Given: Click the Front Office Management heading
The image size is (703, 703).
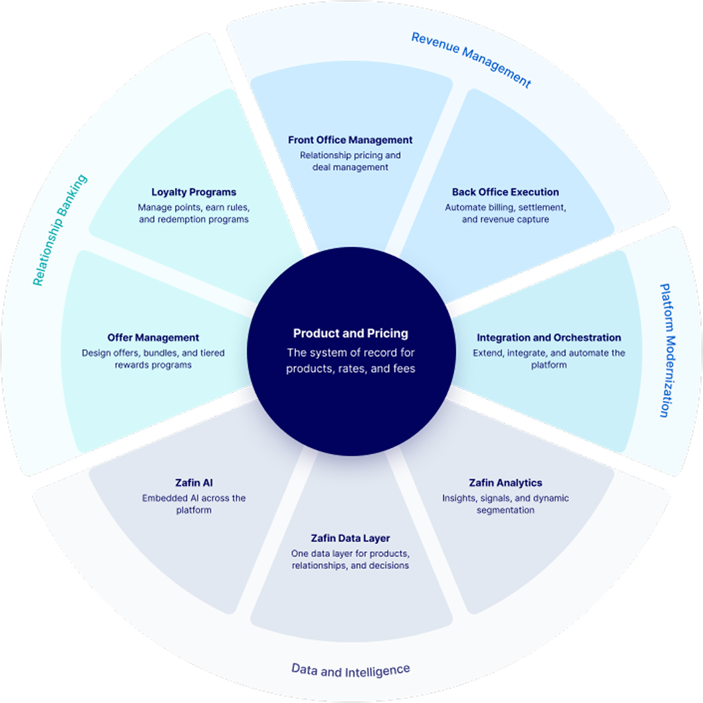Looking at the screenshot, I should (x=350, y=140).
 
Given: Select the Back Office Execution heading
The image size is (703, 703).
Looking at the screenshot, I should (x=505, y=192).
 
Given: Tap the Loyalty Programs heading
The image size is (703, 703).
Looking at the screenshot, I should (x=194, y=192).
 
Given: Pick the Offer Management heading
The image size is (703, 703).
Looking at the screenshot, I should (x=153, y=338).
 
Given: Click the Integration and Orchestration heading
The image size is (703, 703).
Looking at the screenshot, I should (x=549, y=338).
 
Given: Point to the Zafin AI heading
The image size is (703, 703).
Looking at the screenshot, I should (x=194, y=483).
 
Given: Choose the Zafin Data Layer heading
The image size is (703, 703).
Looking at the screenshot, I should (x=350, y=538).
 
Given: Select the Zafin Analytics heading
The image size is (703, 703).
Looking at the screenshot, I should (x=505, y=483).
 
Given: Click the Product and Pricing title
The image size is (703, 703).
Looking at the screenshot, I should (x=351, y=334).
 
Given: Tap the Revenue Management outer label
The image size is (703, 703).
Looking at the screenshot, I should (x=470, y=59).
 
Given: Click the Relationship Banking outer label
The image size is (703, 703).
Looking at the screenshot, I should (x=59, y=230).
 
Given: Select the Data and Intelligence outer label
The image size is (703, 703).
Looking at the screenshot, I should (x=351, y=670).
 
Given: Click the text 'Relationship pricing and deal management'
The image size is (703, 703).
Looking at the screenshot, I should (x=350, y=161).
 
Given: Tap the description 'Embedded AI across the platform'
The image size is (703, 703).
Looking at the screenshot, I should (x=194, y=504).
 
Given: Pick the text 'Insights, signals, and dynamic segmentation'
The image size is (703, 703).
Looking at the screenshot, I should (x=505, y=504).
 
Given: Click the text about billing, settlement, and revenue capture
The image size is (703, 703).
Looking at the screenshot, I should (x=505, y=213).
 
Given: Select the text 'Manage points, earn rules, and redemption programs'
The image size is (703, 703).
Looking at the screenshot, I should (x=194, y=213).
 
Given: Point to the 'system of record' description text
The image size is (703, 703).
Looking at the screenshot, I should (x=351, y=361).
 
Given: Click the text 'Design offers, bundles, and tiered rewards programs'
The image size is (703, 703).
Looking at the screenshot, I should (x=153, y=359).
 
